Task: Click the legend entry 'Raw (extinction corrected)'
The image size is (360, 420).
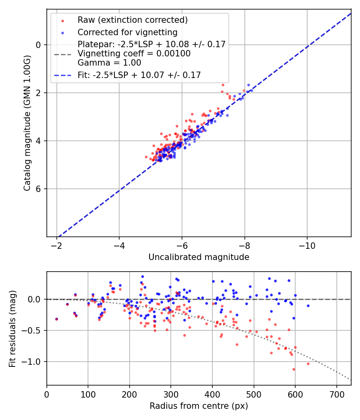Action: click(x=132, y=20)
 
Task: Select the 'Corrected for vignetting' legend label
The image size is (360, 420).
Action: click(x=127, y=32)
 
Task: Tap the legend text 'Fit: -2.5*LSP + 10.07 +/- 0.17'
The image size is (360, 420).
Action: click(x=139, y=75)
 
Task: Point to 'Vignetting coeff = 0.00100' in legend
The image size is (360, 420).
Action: click(x=134, y=54)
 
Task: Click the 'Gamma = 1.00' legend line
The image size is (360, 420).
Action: click(x=109, y=63)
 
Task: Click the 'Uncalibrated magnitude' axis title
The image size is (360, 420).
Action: click(x=199, y=257)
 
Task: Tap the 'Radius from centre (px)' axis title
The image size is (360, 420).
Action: click(x=199, y=406)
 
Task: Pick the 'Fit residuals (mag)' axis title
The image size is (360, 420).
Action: click(x=12, y=328)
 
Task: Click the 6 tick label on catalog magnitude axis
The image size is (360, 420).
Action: click(x=39, y=189)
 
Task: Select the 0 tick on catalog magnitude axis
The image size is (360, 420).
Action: click(x=39, y=45)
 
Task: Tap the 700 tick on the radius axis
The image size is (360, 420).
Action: click(x=336, y=393)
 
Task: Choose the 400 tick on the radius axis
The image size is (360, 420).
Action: click(x=212, y=393)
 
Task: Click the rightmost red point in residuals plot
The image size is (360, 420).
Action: click(x=308, y=364)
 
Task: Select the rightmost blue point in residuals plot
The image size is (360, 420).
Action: click(x=308, y=306)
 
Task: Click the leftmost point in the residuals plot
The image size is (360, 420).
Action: click(x=56, y=319)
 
